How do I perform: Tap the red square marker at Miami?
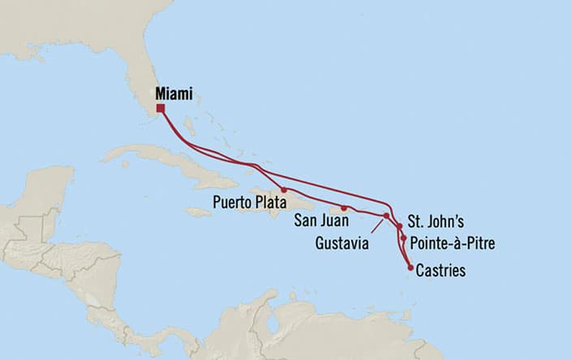[x=161, y=108]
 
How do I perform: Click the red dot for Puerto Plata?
[x=284, y=190]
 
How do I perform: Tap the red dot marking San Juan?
[x=344, y=208]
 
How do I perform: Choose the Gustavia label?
[x=341, y=242]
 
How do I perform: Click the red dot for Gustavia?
[x=386, y=215]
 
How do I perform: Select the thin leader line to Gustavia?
[x=376, y=225]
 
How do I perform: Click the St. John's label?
[x=436, y=221]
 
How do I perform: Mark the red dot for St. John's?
[x=399, y=225]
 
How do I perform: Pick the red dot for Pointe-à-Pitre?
[x=403, y=238]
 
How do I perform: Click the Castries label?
[x=440, y=271]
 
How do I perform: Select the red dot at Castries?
[x=410, y=267]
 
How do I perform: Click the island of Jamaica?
[x=198, y=212]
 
